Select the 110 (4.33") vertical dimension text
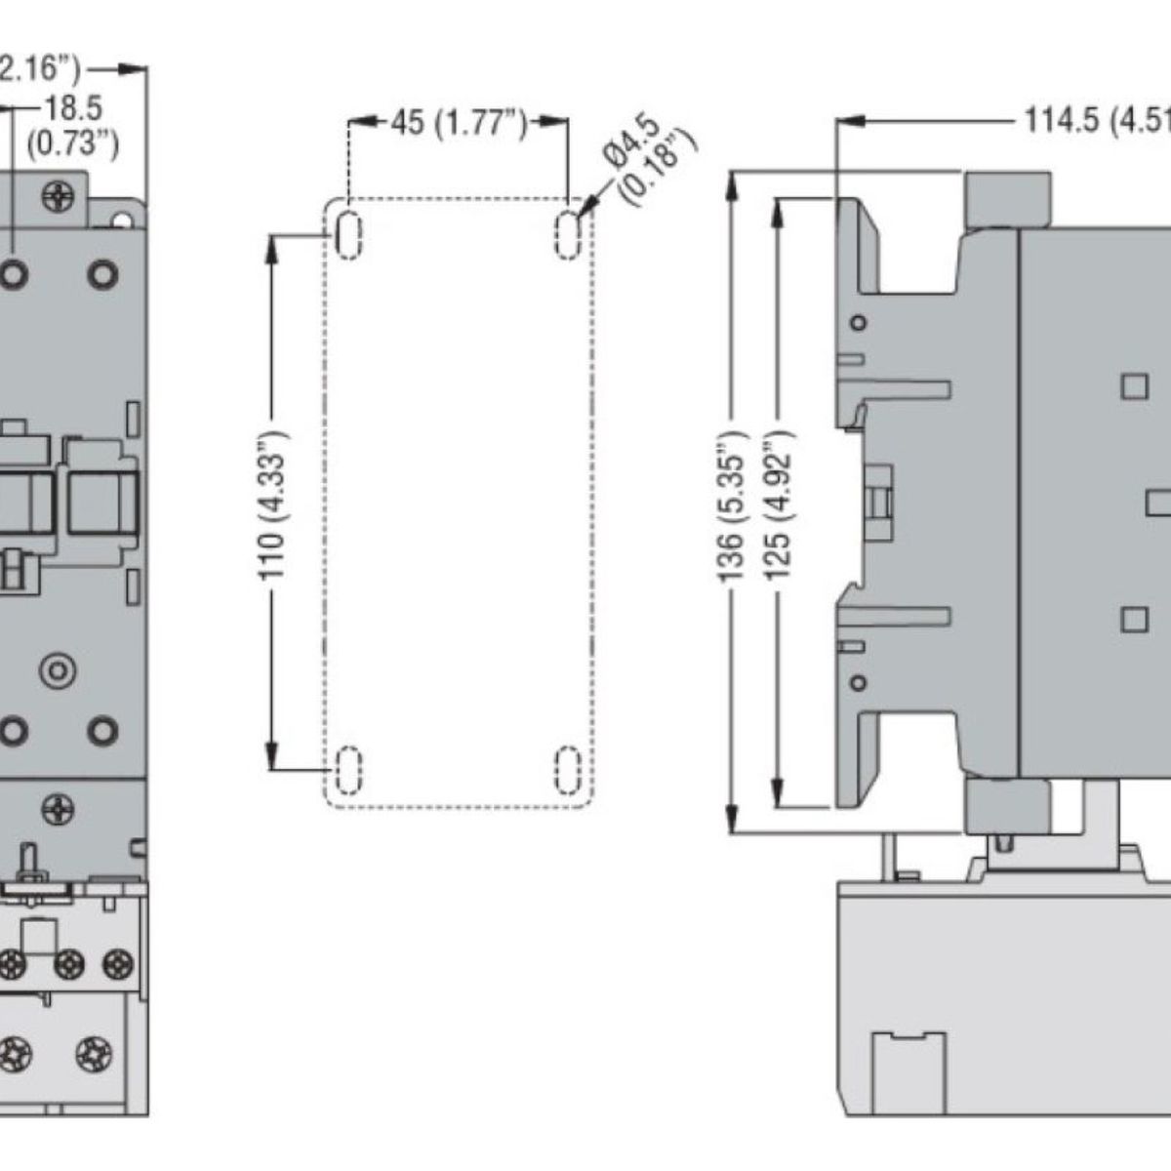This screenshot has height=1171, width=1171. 274,504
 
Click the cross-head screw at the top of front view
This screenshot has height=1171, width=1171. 60,196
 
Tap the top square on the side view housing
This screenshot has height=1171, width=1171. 1134,386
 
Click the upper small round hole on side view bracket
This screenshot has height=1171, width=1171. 858,323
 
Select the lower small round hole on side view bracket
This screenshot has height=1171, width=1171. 858,681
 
